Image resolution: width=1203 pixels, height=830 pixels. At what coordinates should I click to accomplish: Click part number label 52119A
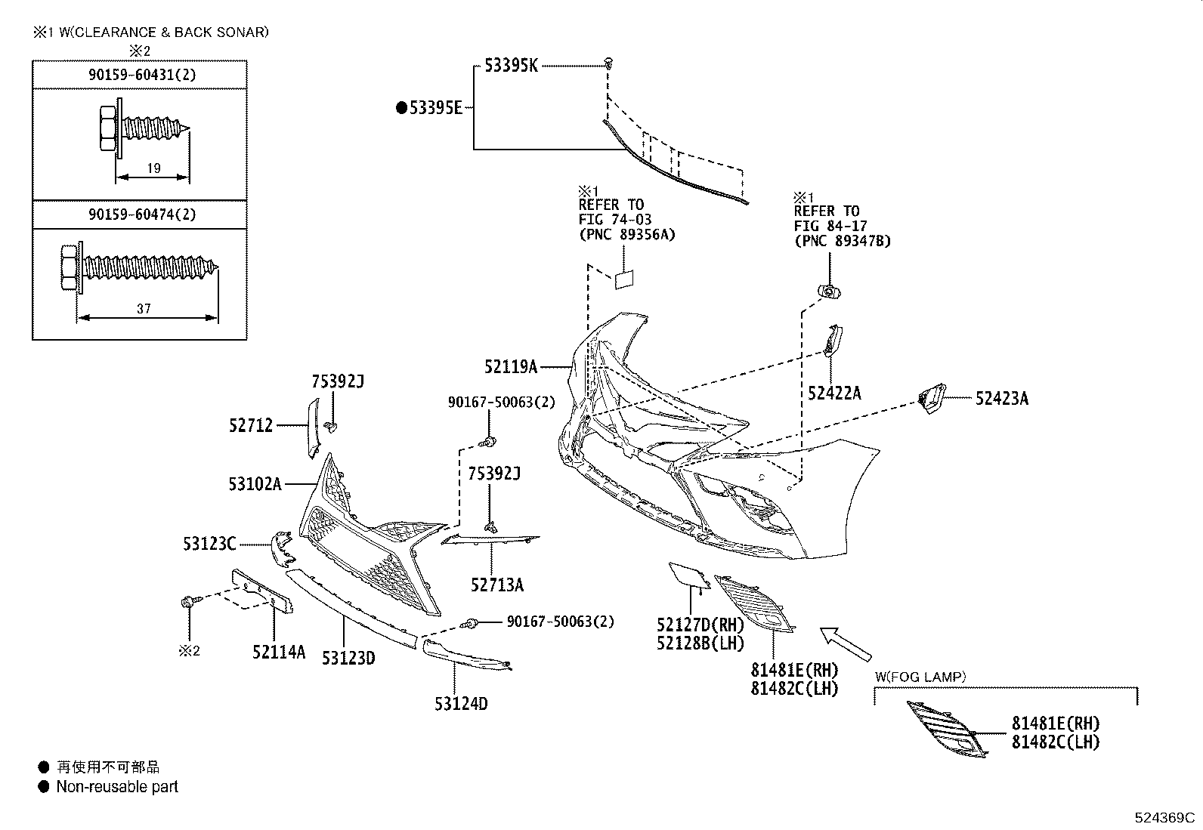(510, 367)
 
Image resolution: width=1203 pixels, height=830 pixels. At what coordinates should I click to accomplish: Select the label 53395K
(511, 66)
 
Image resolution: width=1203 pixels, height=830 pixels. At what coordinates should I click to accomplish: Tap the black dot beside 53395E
(402, 108)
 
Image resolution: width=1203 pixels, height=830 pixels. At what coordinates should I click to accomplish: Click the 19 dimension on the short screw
(153, 168)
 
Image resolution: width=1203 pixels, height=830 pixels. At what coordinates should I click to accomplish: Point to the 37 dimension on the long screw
(144, 308)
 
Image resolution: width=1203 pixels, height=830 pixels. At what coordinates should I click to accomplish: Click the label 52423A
(1001, 398)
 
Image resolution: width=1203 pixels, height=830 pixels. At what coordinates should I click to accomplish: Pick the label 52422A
(834, 393)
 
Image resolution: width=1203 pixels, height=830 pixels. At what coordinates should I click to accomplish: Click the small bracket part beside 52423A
(931, 398)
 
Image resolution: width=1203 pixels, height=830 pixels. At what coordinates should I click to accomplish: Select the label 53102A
(255, 483)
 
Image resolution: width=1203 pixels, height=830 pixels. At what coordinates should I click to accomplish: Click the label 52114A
(279, 651)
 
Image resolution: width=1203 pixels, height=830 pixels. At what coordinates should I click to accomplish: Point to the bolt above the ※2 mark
(188, 602)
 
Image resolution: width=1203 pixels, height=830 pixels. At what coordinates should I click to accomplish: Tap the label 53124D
(461, 704)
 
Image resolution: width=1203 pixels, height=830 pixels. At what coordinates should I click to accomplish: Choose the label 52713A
(496, 585)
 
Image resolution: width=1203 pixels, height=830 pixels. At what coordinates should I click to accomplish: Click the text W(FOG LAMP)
(920, 677)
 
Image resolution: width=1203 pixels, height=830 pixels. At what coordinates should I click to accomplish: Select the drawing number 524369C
(1164, 818)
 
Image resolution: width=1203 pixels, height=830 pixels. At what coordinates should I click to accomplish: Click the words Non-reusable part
(117, 787)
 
